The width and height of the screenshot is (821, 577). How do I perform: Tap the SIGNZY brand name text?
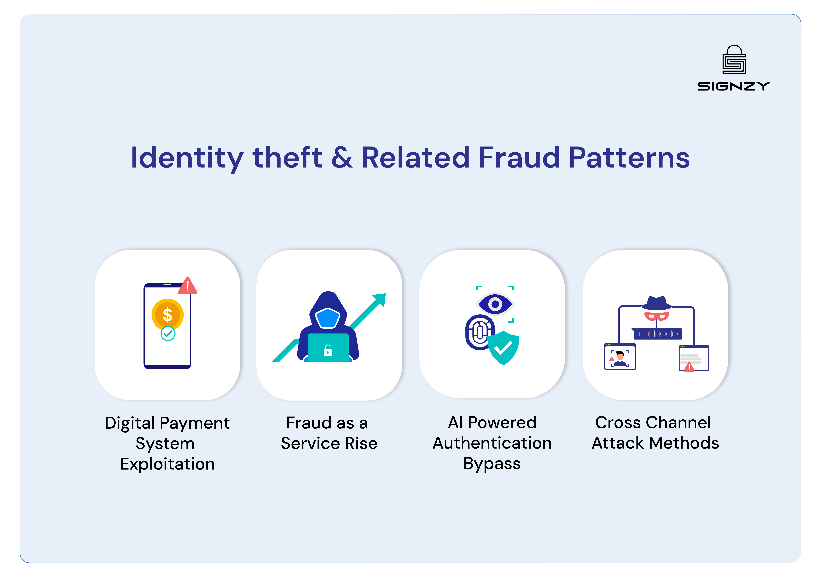(734, 86)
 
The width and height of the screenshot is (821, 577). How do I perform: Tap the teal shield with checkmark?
(504, 347)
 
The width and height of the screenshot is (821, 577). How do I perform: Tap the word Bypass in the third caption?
(492, 464)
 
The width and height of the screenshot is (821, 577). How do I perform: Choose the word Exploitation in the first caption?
(167, 464)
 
